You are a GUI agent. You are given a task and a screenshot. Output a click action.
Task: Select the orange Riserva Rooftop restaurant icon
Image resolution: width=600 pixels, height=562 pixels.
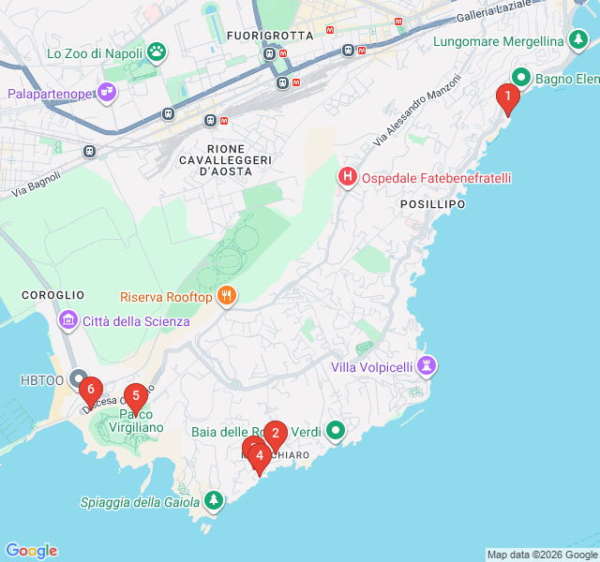tap(225, 296)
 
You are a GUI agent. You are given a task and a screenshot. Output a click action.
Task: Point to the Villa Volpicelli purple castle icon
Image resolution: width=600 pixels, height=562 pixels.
tap(427, 366)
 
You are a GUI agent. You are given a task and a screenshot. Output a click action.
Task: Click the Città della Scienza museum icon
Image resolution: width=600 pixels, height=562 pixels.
tap(67, 321)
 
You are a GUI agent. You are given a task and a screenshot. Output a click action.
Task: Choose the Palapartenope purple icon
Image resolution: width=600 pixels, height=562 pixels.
tap(109, 93)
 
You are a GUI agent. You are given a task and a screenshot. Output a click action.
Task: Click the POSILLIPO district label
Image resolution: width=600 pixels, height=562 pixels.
tap(432, 203)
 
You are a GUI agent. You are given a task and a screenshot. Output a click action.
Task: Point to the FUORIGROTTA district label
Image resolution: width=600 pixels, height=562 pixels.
tap(262, 36)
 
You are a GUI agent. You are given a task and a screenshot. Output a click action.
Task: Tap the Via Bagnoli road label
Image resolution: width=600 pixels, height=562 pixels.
tap(37, 184)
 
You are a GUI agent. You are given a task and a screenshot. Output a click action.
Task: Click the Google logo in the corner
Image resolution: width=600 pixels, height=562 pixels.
tap(31, 551)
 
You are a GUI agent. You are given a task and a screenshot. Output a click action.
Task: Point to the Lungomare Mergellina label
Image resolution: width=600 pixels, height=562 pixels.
tap(499, 41)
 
